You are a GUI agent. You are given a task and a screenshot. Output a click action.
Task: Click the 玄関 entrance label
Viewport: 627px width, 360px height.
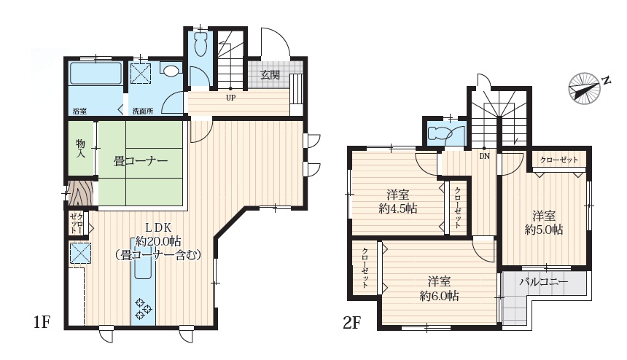click(x=270, y=75)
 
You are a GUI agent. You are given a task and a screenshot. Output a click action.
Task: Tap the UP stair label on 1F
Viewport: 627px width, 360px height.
click(x=230, y=98)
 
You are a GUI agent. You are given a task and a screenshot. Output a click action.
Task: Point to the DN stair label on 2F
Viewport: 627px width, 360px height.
click(x=485, y=156)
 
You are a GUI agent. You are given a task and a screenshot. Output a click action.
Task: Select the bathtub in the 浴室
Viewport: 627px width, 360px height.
click(x=96, y=73)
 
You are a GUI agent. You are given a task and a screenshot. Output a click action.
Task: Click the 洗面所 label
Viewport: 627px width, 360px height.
click(x=143, y=111)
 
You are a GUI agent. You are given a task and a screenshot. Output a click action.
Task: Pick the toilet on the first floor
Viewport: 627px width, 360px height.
click(x=200, y=44)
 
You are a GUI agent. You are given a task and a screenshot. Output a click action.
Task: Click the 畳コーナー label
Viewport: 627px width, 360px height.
click(x=141, y=162)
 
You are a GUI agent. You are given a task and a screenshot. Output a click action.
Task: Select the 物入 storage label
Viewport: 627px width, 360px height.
click(x=81, y=148)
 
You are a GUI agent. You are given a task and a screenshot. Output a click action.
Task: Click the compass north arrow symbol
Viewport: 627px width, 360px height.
click(x=585, y=88)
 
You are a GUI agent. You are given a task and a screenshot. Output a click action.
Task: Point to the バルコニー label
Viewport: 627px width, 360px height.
click(x=543, y=282)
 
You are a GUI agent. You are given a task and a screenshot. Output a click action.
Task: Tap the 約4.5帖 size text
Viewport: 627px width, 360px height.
click(x=398, y=209)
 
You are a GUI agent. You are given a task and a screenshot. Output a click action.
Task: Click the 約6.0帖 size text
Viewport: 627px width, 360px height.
click(x=439, y=296)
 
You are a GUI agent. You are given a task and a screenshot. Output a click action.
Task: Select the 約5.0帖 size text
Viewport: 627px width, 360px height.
click(x=544, y=230)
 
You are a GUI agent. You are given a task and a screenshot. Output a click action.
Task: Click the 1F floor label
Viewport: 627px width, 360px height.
click(x=42, y=321)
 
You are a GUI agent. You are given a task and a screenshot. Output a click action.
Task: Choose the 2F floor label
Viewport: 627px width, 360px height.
click(x=352, y=322)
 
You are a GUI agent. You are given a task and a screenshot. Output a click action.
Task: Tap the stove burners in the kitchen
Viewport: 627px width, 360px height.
click(x=143, y=308)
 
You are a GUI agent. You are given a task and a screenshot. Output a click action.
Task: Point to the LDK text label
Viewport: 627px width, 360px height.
click(x=158, y=228)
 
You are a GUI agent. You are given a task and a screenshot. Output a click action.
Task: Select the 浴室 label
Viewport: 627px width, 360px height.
click(x=80, y=111)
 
